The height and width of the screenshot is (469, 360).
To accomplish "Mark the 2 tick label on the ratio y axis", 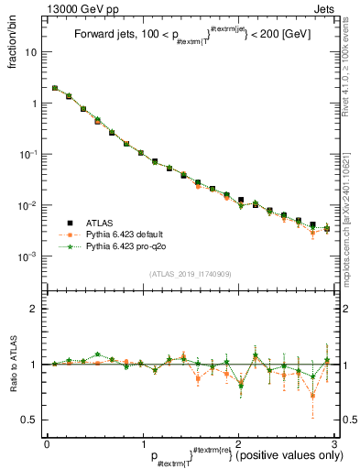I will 35,310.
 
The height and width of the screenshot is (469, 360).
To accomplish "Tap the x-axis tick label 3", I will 334,443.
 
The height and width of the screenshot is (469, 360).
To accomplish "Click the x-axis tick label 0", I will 46,443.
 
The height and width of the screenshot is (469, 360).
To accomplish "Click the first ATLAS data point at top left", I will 55,89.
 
